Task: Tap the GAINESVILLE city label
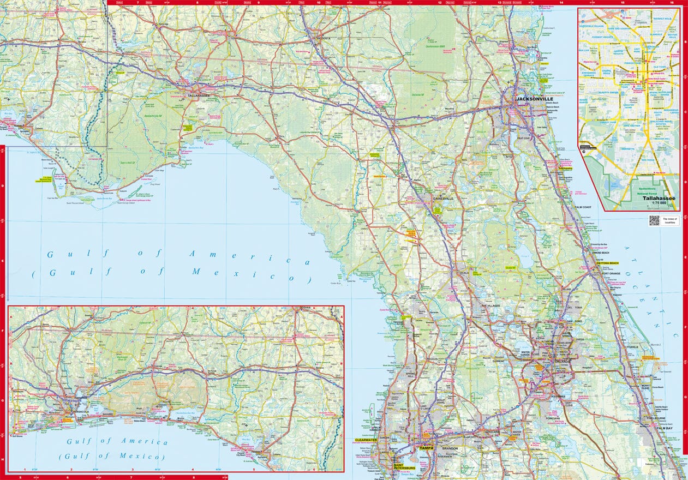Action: [x=443, y=199]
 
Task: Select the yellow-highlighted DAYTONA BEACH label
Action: [x=607, y=263]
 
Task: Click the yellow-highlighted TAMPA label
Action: [x=426, y=448]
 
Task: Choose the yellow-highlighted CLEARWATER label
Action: [x=366, y=440]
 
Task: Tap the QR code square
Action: [x=654, y=220]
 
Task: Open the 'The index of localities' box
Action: [x=669, y=220]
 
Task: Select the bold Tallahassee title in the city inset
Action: [x=659, y=199]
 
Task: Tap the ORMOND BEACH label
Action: [x=601, y=253]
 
